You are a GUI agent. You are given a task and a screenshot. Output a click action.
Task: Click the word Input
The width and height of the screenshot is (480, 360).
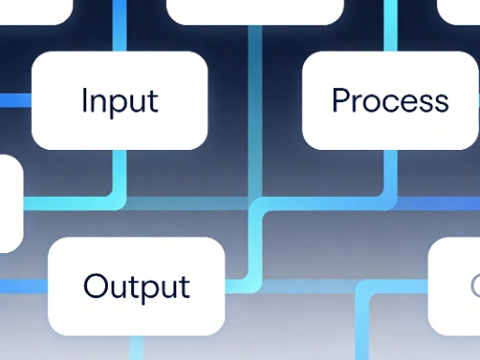[x=119, y=100]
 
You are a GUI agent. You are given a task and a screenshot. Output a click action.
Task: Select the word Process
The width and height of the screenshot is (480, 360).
[x=390, y=100]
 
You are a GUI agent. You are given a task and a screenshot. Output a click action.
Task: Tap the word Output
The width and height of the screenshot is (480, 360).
[x=136, y=286]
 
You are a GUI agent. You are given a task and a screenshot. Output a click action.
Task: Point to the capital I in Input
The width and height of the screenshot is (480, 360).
[x=84, y=99]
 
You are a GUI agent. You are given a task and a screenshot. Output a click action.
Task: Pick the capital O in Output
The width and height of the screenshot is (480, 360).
[x=95, y=285]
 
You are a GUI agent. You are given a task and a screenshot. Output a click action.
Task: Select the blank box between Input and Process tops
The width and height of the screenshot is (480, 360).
[x=254, y=9]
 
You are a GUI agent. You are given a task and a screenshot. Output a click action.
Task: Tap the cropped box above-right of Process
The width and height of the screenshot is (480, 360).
[x=459, y=9]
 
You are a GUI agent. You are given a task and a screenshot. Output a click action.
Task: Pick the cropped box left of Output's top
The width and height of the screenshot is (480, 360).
[x=9, y=202]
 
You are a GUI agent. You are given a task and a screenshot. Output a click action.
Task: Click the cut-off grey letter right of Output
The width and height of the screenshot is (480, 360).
[x=473, y=285]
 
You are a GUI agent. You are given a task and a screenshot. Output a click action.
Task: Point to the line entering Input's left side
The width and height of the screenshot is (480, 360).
[x=15, y=100]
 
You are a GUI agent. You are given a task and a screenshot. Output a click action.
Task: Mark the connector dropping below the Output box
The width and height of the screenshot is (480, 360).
[x=137, y=348]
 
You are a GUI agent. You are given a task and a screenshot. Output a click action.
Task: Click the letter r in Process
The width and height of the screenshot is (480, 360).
[x=360, y=101]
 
